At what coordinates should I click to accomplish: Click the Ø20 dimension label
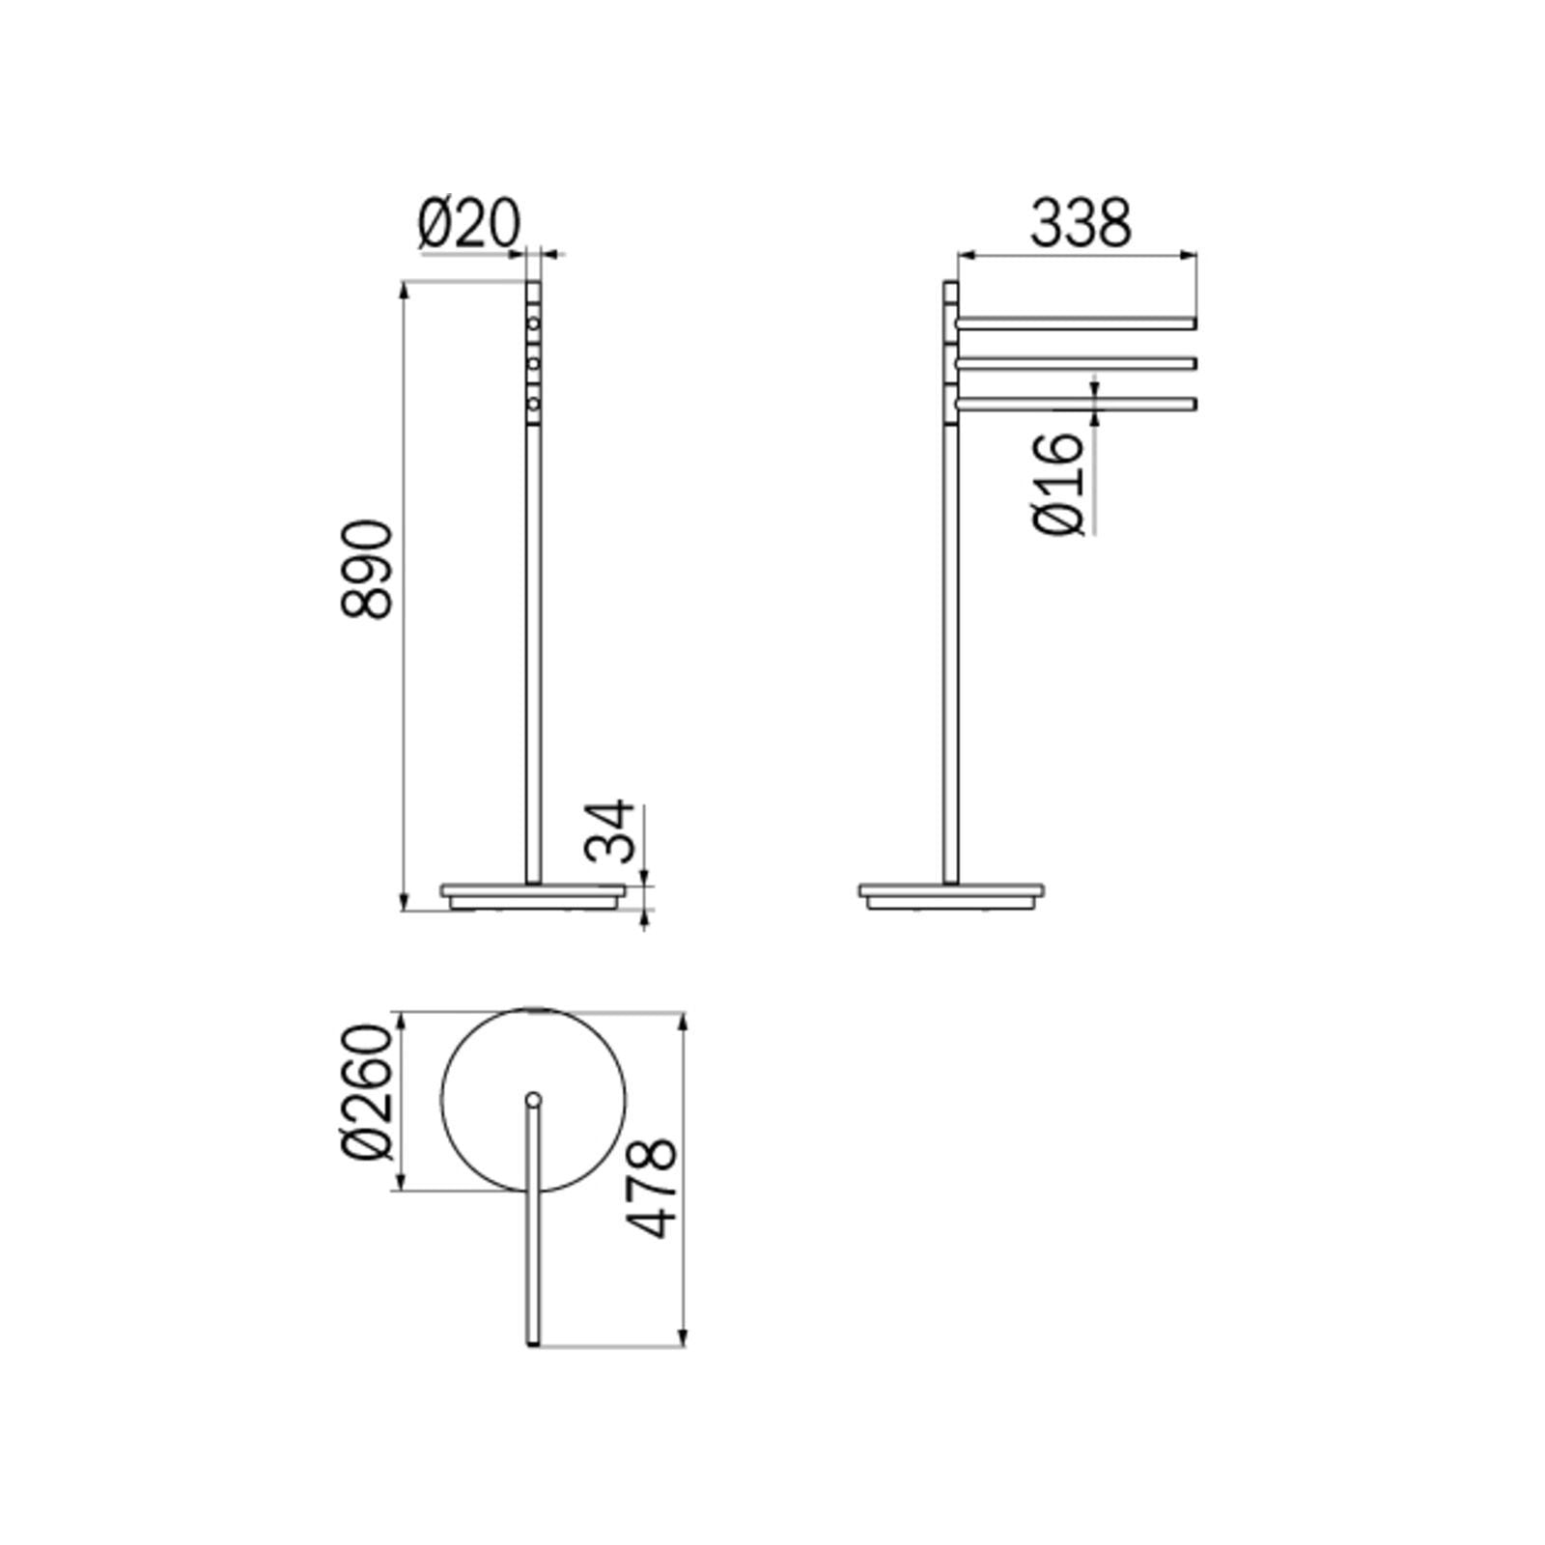(469, 223)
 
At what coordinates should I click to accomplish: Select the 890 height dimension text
(368, 569)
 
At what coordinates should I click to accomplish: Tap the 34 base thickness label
(611, 830)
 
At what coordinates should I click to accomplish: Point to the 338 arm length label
(1080, 223)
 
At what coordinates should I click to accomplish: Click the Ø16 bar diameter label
(1059, 483)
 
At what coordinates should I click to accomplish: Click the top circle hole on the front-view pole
(533, 323)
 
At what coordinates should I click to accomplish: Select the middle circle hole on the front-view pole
(533, 363)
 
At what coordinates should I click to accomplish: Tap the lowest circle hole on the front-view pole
(533, 403)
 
